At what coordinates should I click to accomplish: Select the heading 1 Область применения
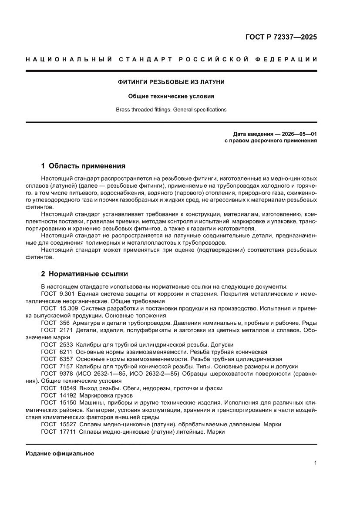click(x=83, y=166)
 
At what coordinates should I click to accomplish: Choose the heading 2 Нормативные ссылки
click(x=84, y=274)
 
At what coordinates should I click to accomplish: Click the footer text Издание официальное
click(x=60, y=453)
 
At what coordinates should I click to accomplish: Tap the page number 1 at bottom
click(x=315, y=463)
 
